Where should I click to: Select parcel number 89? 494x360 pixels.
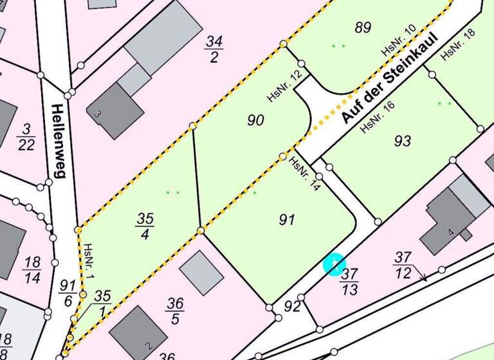363,27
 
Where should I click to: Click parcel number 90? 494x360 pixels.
255,120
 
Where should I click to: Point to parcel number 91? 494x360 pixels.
287,220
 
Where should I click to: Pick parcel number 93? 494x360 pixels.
402,141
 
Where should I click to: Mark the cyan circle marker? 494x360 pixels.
334,264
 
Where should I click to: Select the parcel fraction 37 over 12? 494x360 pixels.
403,265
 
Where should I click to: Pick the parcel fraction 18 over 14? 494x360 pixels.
32,270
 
